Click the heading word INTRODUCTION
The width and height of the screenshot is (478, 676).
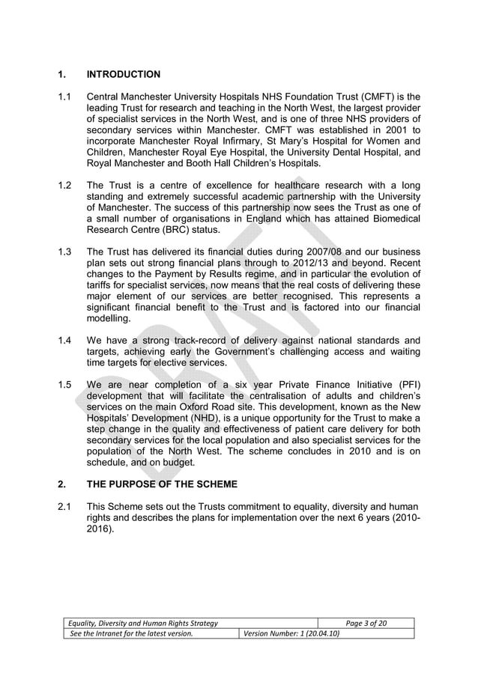(124, 74)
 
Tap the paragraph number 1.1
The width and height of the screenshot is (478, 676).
(64, 97)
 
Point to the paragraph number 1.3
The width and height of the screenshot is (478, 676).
(64, 252)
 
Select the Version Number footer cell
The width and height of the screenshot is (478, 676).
(289, 633)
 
